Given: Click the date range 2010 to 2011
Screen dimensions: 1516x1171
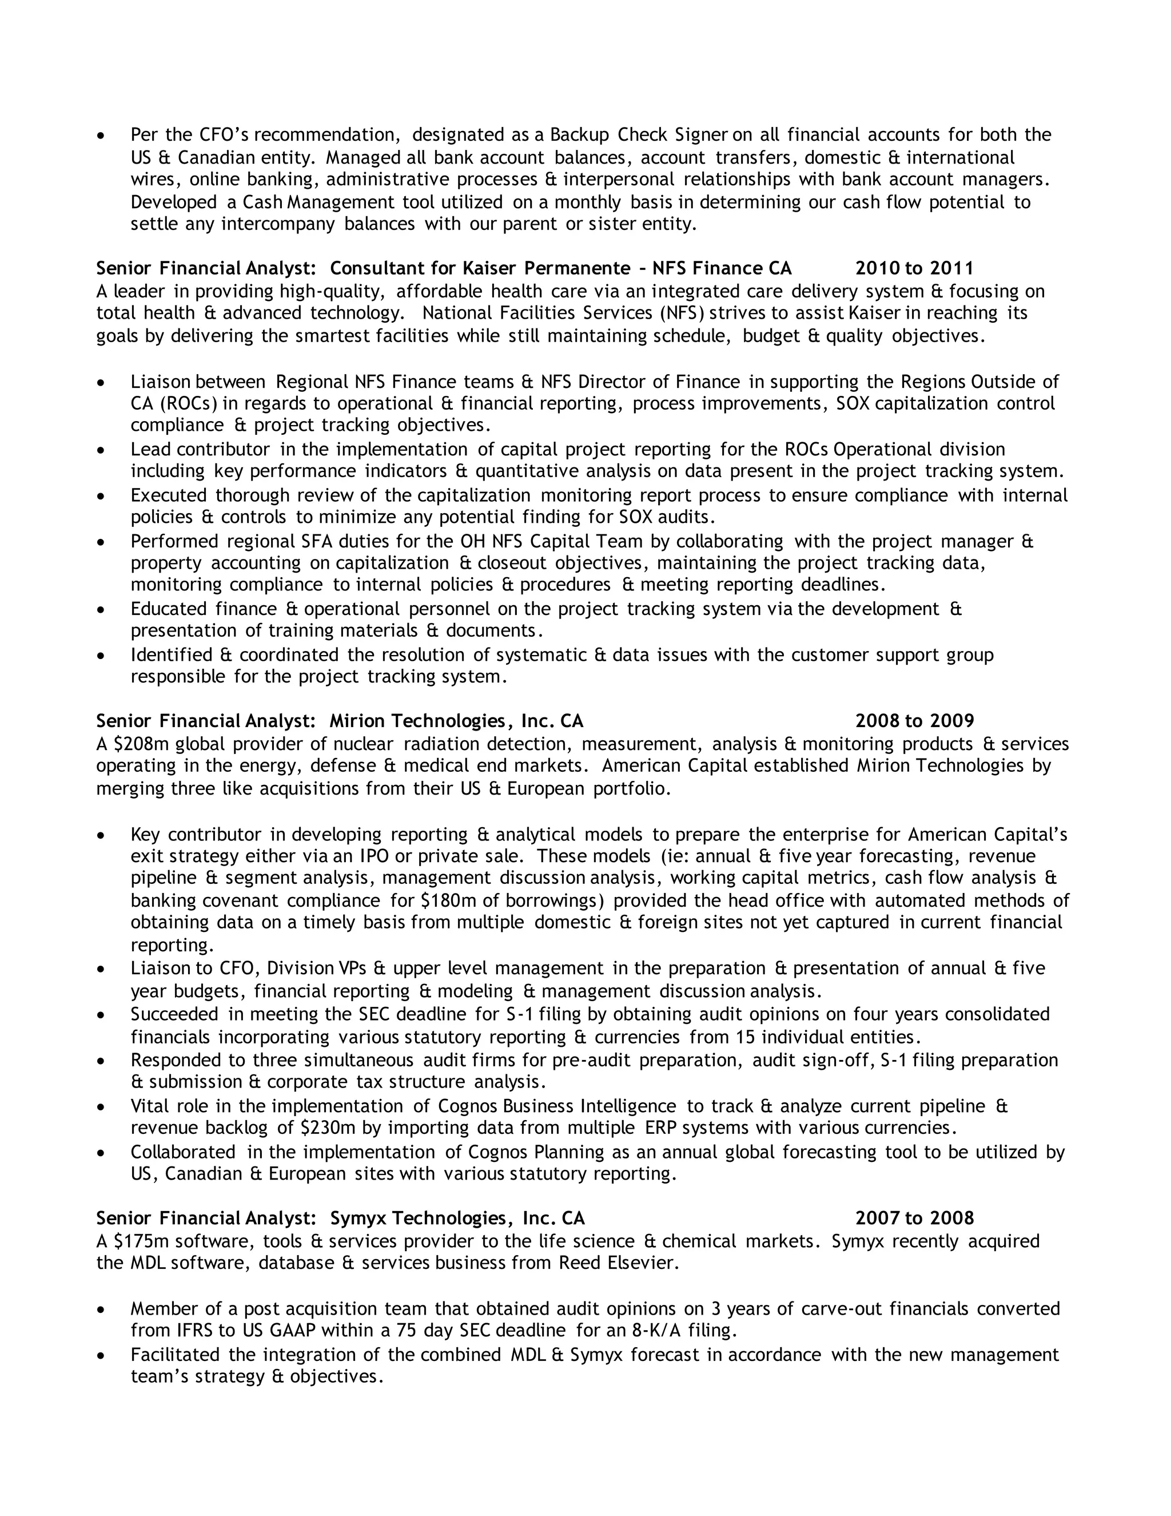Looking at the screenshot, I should tap(914, 269).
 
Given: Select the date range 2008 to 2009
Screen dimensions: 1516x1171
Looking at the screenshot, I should tap(914, 721).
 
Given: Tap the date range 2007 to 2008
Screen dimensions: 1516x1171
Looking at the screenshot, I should tap(914, 1218).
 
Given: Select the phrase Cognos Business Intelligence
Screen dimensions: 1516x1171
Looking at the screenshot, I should tap(556, 1106).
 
